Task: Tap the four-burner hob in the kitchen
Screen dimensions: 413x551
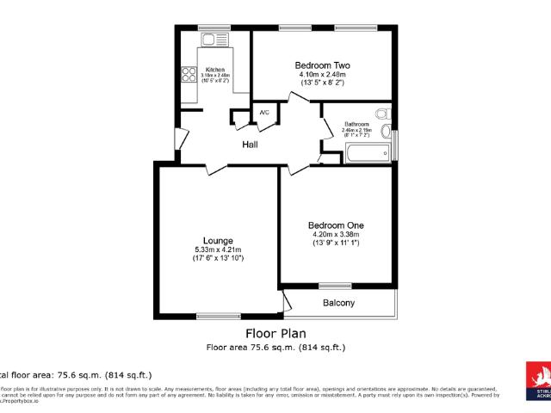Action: [187, 75]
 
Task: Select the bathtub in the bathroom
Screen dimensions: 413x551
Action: [367, 154]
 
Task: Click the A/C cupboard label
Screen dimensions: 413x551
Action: [264, 113]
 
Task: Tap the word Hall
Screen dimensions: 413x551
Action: [250, 145]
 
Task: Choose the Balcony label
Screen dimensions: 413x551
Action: [338, 303]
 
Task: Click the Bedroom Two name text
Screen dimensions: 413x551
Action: [321, 65]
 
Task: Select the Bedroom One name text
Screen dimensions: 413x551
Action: [336, 225]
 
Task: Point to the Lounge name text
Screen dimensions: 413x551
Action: [218, 240]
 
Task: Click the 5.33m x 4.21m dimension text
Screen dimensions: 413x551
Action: [218, 250]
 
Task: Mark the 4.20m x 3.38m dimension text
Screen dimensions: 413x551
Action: [336, 234]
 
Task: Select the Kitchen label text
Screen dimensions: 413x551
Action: [215, 70]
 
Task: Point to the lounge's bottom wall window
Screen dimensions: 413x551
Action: [219, 315]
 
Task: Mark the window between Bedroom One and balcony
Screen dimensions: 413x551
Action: [330, 286]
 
